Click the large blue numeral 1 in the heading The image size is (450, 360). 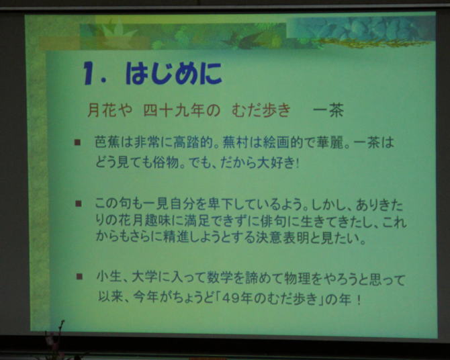pyautogui.click(x=89, y=73)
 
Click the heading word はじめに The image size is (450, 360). pyautogui.click(x=174, y=73)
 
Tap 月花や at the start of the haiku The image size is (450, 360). pyautogui.click(x=109, y=111)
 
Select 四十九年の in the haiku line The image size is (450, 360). pyautogui.click(x=181, y=111)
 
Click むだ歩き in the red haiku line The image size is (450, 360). pyautogui.click(x=261, y=111)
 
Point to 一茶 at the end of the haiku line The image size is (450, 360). pyautogui.click(x=328, y=111)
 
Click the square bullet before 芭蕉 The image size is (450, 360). pyautogui.click(x=77, y=142)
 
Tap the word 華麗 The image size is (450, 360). pyautogui.click(x=328, y=142)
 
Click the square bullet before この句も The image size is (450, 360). pyautogui.click(x=78, y=204)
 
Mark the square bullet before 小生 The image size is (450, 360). pyautogui.click(x=79, y=277)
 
